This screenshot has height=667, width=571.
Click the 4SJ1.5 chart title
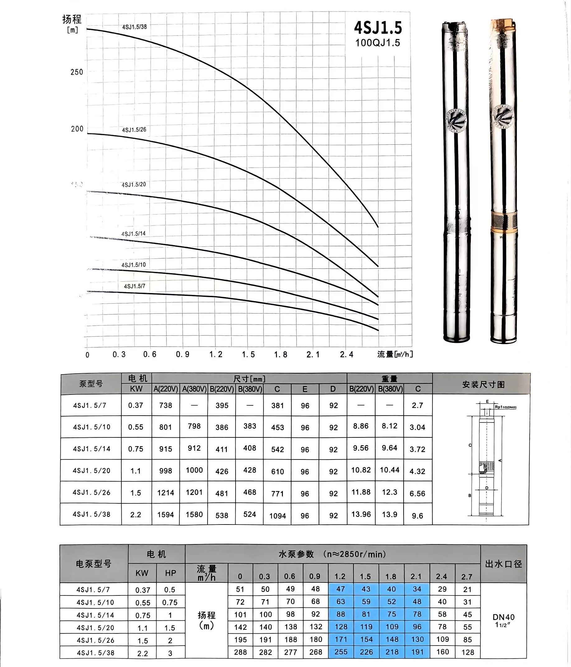378,28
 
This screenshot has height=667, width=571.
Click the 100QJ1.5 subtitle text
377,43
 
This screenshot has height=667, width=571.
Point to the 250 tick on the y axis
77,72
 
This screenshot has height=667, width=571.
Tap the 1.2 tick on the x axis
216,354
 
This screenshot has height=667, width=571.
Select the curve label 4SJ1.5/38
134,27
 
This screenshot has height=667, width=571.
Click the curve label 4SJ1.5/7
135,286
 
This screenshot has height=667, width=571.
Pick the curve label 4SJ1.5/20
134,184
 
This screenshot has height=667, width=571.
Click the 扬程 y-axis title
72,20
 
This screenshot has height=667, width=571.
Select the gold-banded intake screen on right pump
504,222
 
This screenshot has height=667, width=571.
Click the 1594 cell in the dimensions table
166,515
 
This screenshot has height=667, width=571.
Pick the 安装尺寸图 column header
483,384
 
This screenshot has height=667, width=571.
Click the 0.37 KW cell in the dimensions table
136,405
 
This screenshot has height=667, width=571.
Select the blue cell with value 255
341,652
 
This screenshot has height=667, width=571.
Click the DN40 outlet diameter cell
503,617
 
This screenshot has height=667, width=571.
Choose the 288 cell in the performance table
240,652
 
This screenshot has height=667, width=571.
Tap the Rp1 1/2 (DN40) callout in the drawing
505,407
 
